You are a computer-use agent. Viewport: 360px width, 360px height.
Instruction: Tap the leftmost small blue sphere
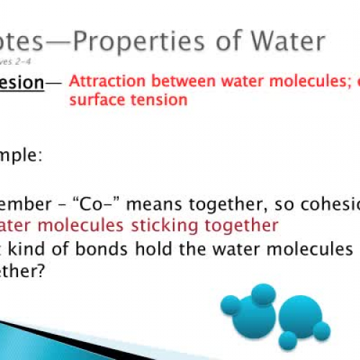(230, 305)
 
